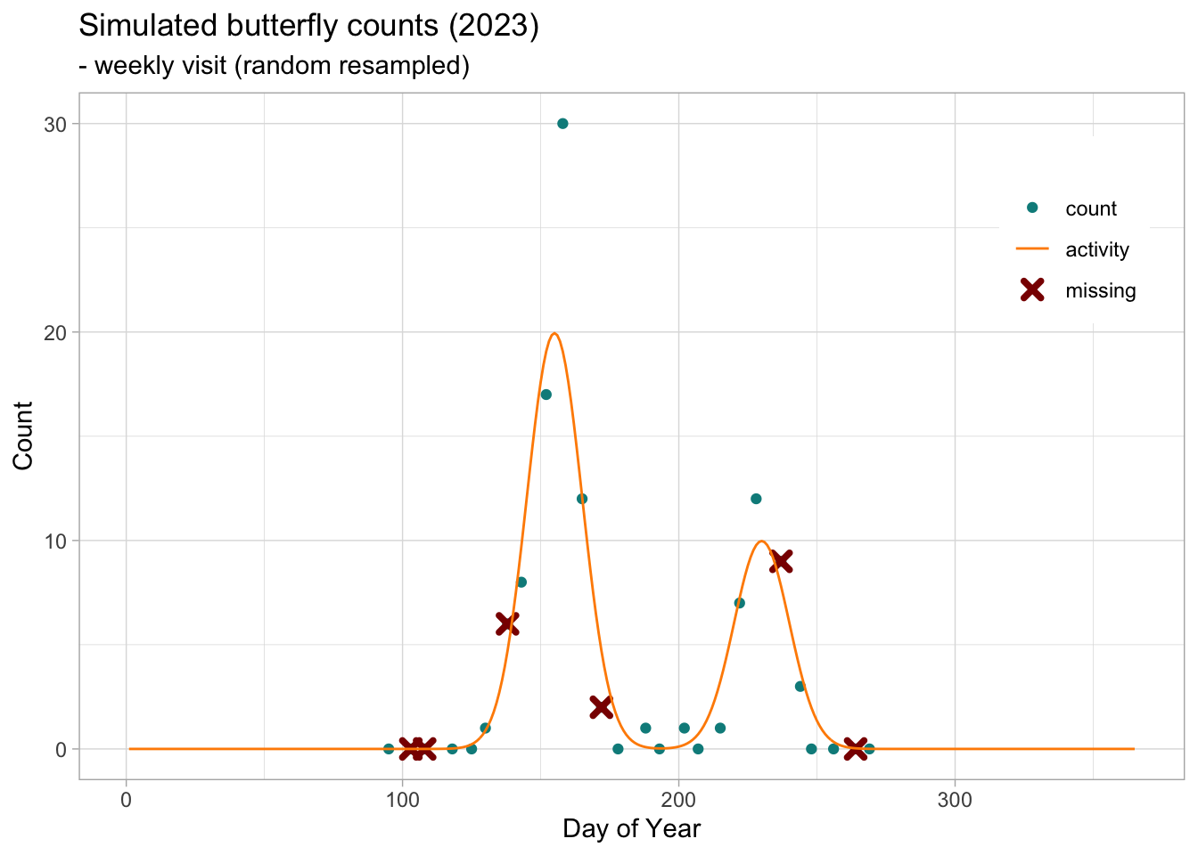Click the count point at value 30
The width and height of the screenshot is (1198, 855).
click(x=562, y=124)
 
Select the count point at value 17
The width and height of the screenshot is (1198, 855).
click(x=546, y=395)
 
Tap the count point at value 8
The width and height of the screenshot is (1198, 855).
click(x=521, y=582)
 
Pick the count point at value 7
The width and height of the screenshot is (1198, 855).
click(x=739, y=603)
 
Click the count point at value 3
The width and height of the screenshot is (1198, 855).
click(x=800, y=687)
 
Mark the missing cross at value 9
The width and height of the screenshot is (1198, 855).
click(x=781, y=561)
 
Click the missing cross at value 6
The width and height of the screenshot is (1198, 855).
click(x=507, y=623)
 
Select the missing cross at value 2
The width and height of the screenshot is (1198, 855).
click(x=601, y=707)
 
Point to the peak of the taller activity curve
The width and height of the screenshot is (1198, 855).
click(x=554, y=334)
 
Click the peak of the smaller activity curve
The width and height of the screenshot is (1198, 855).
click(x=761, y=541)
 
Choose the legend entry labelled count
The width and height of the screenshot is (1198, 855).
click(x=1090, y=208)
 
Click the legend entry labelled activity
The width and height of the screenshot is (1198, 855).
click(x=1096, y=249)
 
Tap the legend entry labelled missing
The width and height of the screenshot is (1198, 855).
click(x=1100, y=290)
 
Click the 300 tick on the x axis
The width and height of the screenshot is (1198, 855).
click(x=955, y=799)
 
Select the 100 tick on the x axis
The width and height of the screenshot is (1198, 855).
click(x=402, y=799)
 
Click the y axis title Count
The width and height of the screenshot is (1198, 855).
click(x=23, y=436)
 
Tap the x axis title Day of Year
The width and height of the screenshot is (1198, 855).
click(x=631, y=829)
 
